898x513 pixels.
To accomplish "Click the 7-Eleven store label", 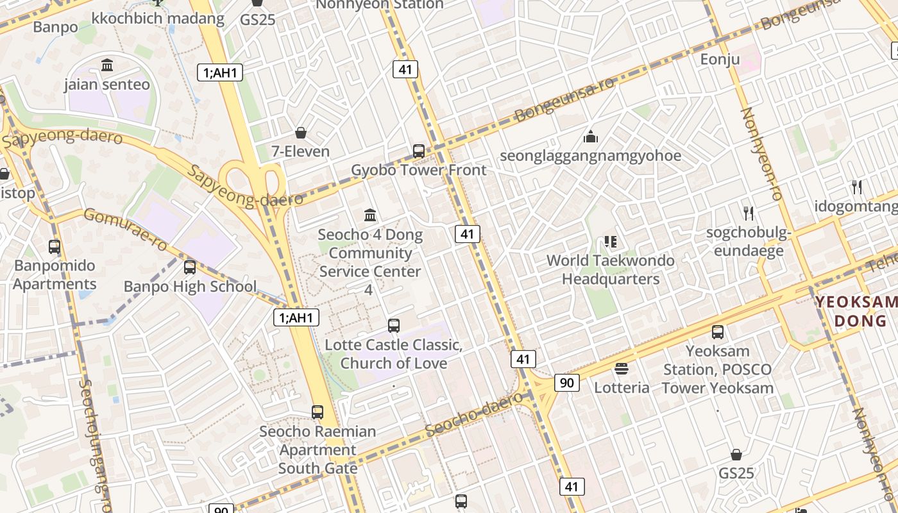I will pyautogui.click(x=300, y=152).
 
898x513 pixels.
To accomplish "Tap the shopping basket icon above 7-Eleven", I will pyautogui.click(x=300, y=133).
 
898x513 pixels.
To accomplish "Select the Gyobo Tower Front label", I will pyautogui.click(x=419, y=171).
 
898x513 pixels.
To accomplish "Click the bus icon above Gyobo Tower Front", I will pyautogui.click(x=419, y=151).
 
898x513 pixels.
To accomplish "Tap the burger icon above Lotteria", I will pyautogui.click(x=621, y=369).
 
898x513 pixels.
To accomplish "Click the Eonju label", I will pyautogui.click(x=720, y=60).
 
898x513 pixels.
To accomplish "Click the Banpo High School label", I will pyautogui.click(x=190, y=287).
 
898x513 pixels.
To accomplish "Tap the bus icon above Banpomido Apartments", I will pyautogui.click(x=55, y=246).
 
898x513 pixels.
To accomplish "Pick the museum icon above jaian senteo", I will pyautogui.click(x=107, y=65).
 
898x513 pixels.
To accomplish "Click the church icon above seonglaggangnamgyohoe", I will pyautogui.click(x=590, y=137).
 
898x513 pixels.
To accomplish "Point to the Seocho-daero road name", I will pyautogui.click(x=474, y=414).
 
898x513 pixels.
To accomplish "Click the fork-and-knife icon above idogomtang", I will pyautogui.click(x=857, y=187).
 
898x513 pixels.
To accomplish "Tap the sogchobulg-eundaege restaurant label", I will pyautogui.click(x=748, y=241).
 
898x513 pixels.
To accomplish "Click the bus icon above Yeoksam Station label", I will pyautogui.click(x=717, y=332).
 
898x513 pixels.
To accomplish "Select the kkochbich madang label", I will pyautogui.click(x=158, y=19).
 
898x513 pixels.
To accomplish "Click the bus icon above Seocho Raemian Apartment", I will pyautogui.click(x=318, y=412).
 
